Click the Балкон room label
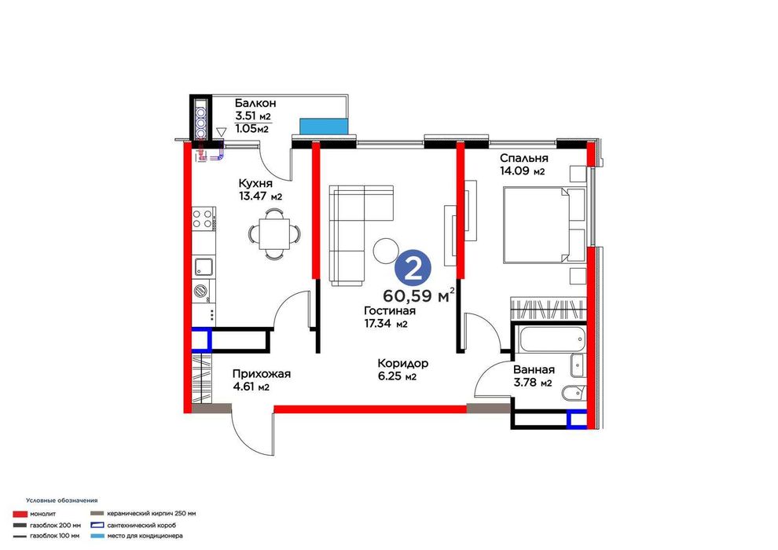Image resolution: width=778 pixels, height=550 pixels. click(x=255, y=104)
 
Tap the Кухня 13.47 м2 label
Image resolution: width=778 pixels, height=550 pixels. click(x=260, y=189)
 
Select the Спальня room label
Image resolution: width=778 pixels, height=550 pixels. click(x=523, y=158)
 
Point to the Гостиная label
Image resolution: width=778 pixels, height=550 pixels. click(x=390, y=311)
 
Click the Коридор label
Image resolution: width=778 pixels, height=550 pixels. click(x=402, y=364)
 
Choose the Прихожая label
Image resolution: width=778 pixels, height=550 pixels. click(x=261, y=375)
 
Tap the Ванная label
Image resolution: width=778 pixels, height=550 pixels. click(x=534, y=370)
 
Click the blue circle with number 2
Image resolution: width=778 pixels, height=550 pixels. click(x=413, y=269)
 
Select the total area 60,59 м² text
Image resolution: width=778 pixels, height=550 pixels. click(x=420, y=295)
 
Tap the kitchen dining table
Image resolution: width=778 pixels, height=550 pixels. click(x=274, y=234)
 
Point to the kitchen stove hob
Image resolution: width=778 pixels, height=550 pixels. click(x=204, y=219)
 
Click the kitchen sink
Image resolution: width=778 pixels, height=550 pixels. click(x=204, y=267)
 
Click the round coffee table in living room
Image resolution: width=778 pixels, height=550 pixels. click(x=386, y=250)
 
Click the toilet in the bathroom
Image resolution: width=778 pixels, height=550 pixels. click(x=573, y=394)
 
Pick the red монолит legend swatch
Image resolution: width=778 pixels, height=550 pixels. click(x=20, y=514)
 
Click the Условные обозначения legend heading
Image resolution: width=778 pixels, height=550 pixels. click(x=62, y=501)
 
